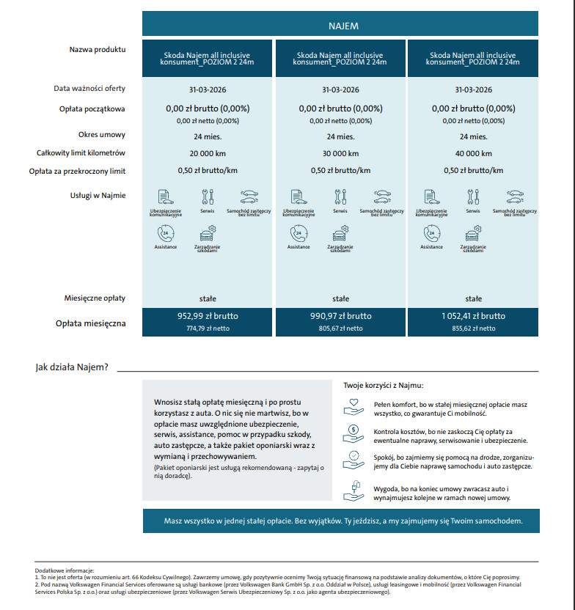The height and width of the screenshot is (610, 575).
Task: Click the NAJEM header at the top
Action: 342,26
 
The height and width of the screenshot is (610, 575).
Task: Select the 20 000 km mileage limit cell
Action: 208,154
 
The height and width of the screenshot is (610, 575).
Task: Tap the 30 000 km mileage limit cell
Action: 340,154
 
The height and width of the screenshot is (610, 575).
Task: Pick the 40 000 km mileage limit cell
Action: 474,154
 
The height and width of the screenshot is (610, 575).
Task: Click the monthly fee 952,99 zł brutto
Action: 208,316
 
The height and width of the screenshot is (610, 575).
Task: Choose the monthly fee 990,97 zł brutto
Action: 340,316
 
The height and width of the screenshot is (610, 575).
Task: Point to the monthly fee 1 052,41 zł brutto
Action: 474,316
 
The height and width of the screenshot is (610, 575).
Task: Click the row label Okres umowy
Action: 102,135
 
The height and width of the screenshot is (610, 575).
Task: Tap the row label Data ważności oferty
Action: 89,89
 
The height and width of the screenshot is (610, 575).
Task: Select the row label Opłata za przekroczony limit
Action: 77,171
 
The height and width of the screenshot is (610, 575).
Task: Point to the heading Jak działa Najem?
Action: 72,367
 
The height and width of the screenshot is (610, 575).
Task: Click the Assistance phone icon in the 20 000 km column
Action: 166,234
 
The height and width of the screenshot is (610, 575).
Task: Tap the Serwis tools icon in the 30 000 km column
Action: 340,196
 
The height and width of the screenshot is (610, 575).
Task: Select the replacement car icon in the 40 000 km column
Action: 514,196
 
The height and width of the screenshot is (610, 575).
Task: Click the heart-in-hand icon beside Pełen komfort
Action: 353,405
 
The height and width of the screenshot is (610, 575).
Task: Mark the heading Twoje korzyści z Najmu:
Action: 383,385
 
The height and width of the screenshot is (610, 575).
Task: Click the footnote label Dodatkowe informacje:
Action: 65,570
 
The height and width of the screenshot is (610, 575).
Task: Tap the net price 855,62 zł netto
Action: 474,328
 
